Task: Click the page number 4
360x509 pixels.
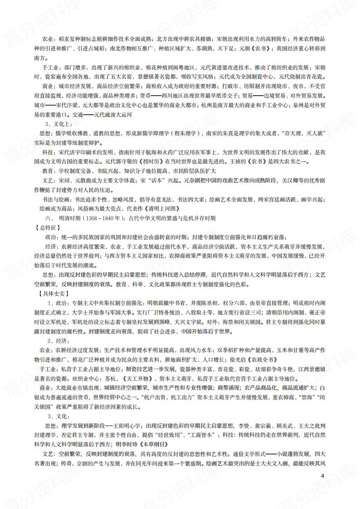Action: coord(322,476)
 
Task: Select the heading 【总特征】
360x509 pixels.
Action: coord(49,227)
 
